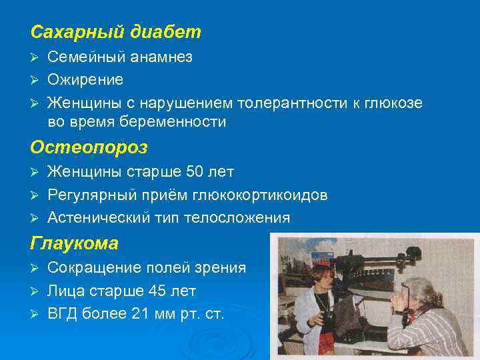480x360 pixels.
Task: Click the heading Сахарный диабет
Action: click(x=115, y=32)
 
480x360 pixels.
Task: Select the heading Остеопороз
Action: click(x=89, y=147)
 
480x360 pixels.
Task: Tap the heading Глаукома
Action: click(x=74, y=244)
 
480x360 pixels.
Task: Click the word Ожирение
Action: click(x=85, y=80)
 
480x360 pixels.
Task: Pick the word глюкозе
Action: click(x=393, y=103)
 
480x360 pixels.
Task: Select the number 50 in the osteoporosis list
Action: click(x=194, y=172)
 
